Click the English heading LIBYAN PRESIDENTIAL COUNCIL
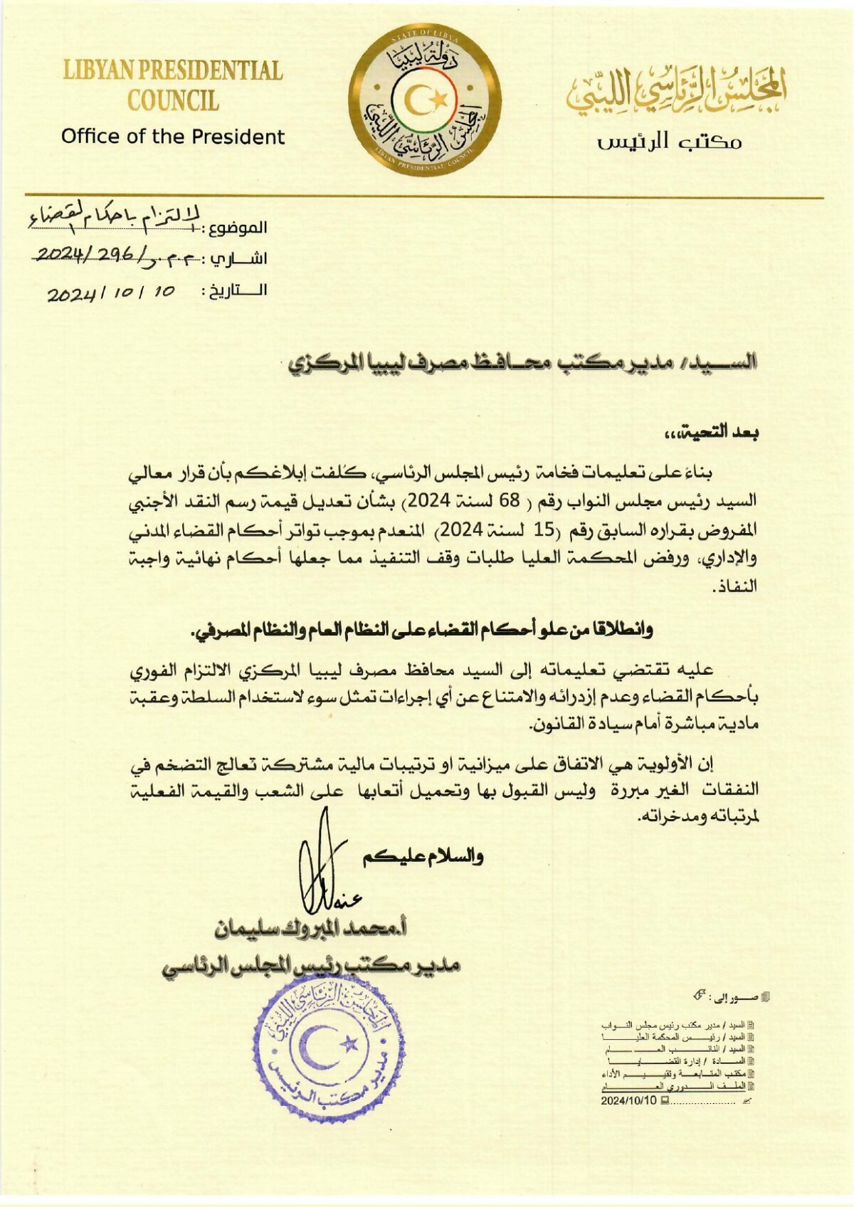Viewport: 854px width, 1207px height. (173, 85)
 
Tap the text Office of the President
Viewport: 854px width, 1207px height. (173, 137)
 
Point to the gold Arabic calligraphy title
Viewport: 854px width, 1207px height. (677, 91)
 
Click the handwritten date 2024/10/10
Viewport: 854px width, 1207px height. (112, 292)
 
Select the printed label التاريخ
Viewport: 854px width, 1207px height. (236, 290)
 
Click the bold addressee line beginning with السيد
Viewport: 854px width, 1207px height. (524, 364)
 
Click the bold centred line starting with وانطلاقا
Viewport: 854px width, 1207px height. (421, 631)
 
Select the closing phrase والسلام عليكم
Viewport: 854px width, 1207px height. (423, 856)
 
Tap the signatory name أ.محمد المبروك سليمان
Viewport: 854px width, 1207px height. (315, 929)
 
